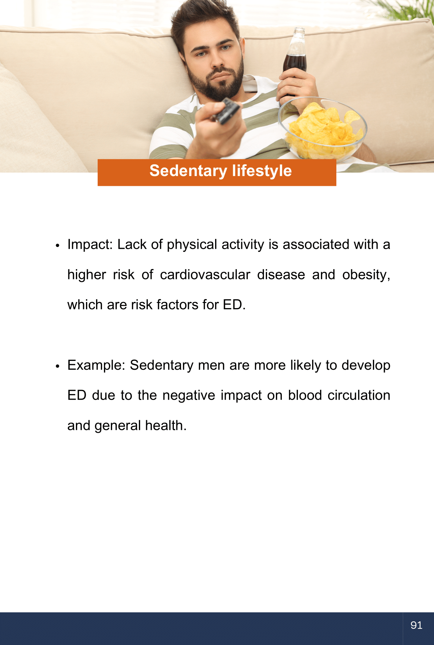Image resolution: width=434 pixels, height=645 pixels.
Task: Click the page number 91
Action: click(x=416, y=625)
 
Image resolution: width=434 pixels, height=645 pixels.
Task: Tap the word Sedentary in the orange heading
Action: click(x=188, y=171)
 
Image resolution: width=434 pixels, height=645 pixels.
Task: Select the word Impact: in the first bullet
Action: click(x=90, y=245)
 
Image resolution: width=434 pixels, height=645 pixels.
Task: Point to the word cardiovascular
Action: click(x=205, y=275)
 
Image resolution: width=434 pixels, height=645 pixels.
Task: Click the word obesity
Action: click(x=366, y=275)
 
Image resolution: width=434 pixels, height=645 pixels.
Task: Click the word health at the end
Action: click(x=166, y=426)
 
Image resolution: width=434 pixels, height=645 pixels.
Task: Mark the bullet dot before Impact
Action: click(x=57, y=246)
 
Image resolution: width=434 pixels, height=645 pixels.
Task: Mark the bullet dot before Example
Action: click(x=57, y=366)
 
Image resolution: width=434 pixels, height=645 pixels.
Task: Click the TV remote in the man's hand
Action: click(x=226, y=111)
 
